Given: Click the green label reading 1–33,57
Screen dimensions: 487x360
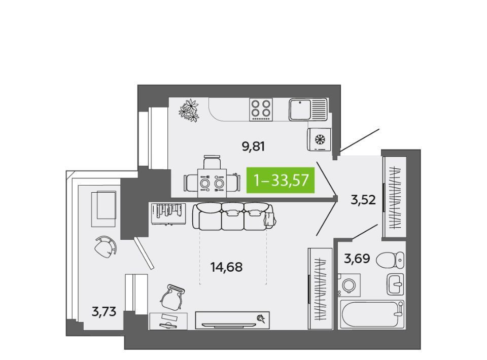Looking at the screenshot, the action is tap(281, 179).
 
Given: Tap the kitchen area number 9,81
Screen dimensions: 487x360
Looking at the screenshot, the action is tap(254, 146).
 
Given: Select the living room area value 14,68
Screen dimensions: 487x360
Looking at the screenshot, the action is tap(226, 267).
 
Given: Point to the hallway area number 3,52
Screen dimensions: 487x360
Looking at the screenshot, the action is tap(363, 200).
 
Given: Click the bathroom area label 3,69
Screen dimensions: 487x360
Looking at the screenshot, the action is tap(357, 258).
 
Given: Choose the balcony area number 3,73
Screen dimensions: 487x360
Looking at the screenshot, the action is tap(104, 311).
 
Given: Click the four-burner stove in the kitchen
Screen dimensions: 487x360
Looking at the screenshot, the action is tap(261, 110).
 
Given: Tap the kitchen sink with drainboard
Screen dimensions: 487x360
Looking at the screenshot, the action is tap(308, 110).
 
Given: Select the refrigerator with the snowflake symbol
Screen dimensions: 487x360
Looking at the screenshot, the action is tap(320, 139).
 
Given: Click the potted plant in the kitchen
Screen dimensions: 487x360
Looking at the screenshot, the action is tap(189, 110).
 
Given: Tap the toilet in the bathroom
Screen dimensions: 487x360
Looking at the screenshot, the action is tap(391, 260).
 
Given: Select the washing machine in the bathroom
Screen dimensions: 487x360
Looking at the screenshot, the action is tap(349, 284).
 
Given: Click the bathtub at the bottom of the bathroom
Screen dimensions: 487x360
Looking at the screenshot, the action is tap(372, 314).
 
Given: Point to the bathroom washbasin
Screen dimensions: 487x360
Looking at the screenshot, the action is tap(395, 284).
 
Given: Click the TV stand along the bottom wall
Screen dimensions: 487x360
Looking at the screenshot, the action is tap(232, 320).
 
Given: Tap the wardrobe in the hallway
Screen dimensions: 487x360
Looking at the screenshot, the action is tap(394, 197).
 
